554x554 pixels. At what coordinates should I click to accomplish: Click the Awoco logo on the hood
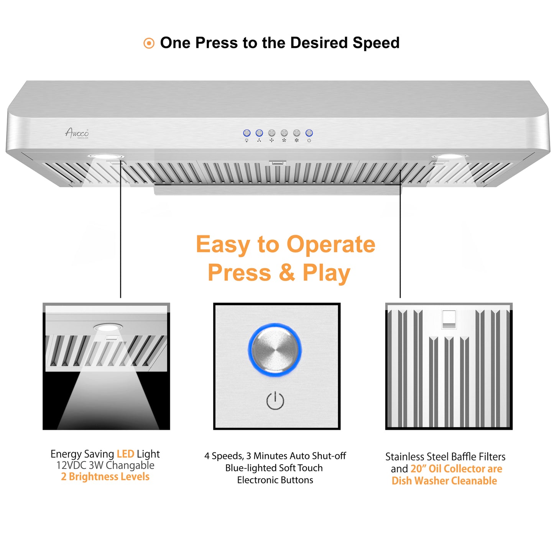77,133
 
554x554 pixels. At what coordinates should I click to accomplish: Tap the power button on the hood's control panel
309,133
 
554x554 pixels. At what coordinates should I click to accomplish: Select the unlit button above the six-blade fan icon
297,133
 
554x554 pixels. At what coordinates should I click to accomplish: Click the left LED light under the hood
105,156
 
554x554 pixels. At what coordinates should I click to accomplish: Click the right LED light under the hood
449,156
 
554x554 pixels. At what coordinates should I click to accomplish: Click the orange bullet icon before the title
149,43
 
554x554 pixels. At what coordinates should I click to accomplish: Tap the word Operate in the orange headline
331,244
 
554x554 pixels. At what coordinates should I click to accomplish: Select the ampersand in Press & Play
287,273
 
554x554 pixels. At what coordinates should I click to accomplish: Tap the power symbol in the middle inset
275,401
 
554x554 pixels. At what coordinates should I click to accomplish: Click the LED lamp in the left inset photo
108,327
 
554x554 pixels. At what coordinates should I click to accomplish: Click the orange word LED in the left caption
125,454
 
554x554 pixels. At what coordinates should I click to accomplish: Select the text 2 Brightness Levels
105,477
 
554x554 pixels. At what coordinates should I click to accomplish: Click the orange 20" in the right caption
418,469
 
